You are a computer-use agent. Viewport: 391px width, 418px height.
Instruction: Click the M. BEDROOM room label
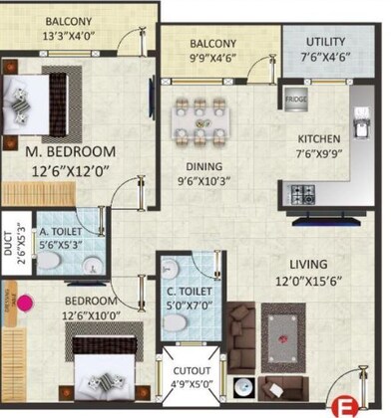pyautogui.click(x=70, y=151)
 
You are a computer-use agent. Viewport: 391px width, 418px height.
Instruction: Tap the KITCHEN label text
pyautogui.click(x=320, y=138)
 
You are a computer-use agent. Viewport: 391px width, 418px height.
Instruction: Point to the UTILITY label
pyautogui.click(x=314, y=43)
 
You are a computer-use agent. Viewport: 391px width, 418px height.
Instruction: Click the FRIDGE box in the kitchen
pyautogui.click(x=295, y=101)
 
